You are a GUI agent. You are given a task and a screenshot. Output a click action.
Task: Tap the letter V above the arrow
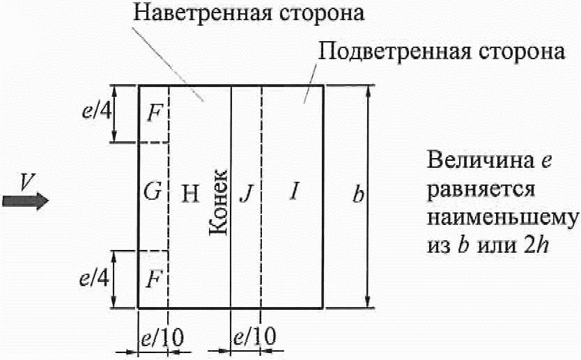pyautogui.click(x=26, y=182)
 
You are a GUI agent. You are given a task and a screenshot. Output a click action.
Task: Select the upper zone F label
pyautogui.click(x=154, y=114)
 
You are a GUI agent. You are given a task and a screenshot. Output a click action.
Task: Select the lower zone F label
pyautogui.click(x=154, y=279)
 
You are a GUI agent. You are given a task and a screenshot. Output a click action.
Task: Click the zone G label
pyautogui.click(x=153, y=193)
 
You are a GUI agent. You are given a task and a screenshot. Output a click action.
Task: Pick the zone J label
pyautogui.click(x=244, y=193)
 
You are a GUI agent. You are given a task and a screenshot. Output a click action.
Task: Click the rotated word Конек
pyautogui.click(x=218, y=203)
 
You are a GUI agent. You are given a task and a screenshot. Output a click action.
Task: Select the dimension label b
pyautogui.click(x=357, y=195)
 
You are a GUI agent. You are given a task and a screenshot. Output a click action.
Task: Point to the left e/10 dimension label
pyautogui.click(x=161, y=339)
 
